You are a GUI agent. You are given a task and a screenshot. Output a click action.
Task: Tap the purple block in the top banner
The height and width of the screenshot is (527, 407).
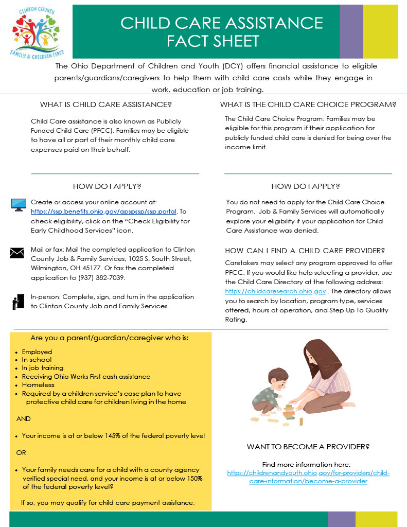pyautogui.click(x=351, y=31)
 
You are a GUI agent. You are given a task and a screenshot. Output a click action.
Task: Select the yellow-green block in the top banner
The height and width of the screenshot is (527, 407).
pyautogui.click(x=380, y=31)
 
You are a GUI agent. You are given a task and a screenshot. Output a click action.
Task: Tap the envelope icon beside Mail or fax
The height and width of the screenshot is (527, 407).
pyautogui.click(x=17, y=253)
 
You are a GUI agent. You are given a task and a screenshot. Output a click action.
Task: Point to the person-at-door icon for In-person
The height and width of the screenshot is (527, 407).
pyautogui.click(x=18, y=302)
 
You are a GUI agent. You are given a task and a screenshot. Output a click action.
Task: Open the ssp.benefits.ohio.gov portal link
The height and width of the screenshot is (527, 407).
pyautogui.click(x=103, y=212)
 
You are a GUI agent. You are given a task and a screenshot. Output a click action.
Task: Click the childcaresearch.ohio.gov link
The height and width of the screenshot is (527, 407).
pyautogui.click(x=275, y=291)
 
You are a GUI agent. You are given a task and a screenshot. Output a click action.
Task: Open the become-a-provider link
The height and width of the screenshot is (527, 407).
pyautogui.click(x=308, y=477)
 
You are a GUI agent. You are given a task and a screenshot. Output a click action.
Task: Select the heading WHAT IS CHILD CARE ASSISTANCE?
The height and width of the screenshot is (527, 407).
pyautogui.click(x=106, y=104)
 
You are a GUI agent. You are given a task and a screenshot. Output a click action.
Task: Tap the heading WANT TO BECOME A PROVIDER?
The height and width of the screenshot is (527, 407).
pyautogui.click(x=308, y=447)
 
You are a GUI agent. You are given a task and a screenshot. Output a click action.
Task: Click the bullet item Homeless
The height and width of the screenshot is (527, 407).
pyautogui.click(x=38, y=384)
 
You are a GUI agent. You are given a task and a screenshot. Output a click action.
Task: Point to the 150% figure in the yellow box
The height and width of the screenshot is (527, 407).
pyautogui.click(x=191, y=478)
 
